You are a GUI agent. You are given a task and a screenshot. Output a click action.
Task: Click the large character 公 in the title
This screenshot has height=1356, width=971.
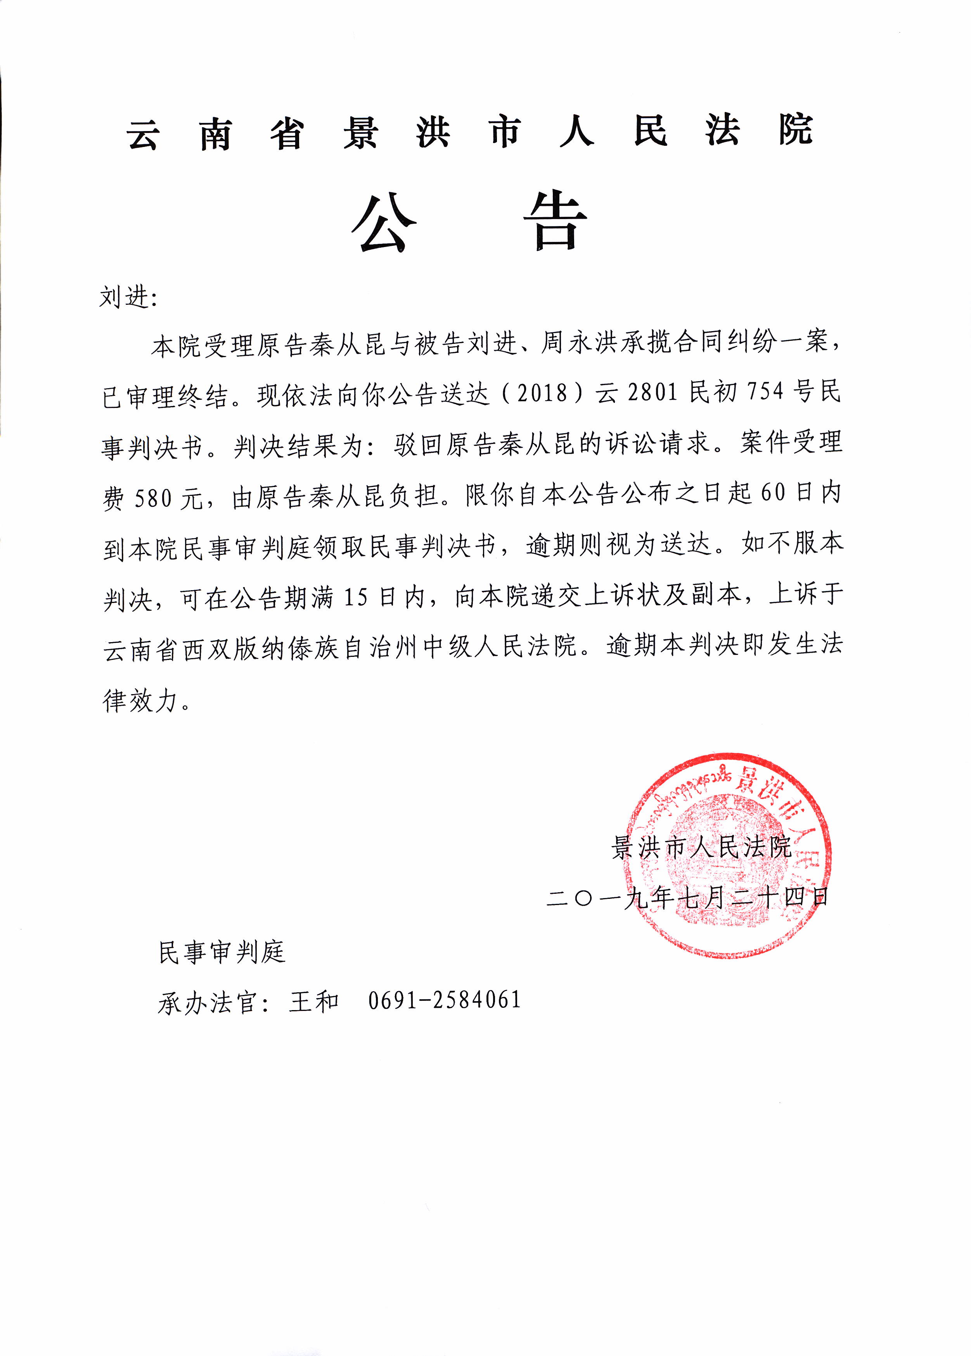click(x=384, y=222)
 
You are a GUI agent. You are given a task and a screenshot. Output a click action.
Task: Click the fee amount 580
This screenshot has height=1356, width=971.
click(x=153, y=497)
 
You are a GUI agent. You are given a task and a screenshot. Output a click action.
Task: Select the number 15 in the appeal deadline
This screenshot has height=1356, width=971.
click(x=357, y=597)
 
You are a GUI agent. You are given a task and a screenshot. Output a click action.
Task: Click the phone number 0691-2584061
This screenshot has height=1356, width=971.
click(x=444, y=1000)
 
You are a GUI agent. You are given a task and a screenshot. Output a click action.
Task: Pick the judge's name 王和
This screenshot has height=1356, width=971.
click(x=314, y=1001)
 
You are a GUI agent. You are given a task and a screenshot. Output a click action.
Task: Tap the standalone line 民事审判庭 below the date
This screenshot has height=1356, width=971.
click(x=222, y=952)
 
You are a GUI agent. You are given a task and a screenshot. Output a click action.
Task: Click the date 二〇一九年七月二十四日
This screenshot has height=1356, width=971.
click(x=687, y=898)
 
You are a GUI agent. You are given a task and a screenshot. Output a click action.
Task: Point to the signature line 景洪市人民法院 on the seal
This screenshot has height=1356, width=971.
click(x=701, y=847)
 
